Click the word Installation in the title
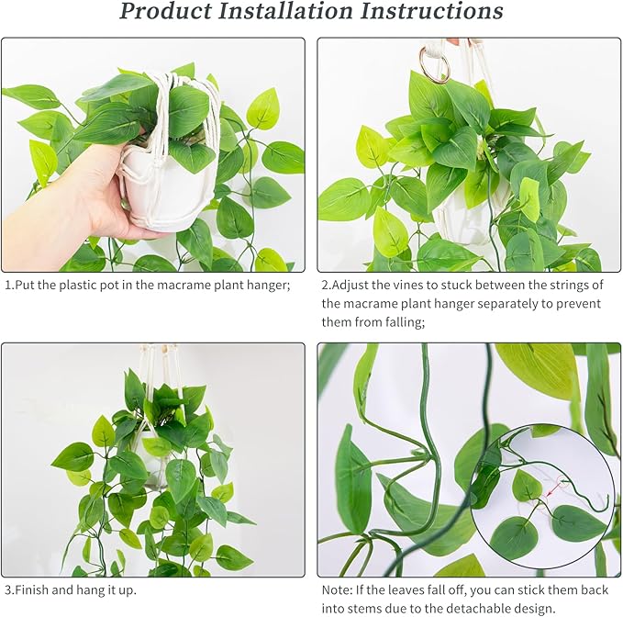pos(281,11)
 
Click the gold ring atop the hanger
pos(433,64)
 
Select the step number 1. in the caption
pos(9,286)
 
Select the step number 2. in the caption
pos(327,286)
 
